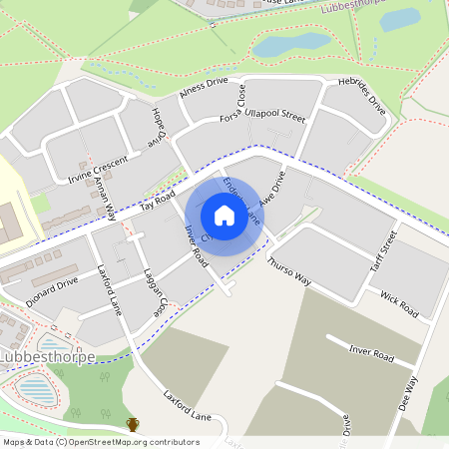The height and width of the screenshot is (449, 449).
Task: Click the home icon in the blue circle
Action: [x=224, y=215]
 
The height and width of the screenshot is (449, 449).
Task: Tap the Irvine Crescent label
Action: [x=98, y=171]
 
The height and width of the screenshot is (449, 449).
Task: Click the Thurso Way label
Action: [x=289, y=271]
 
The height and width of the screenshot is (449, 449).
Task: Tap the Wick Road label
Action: [x=399, y=298]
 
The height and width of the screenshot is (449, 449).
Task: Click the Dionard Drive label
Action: [x=53, y=285]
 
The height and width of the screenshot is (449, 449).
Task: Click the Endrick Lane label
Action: [x=242, y=199]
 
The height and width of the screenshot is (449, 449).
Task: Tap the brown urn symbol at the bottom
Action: [x=133, y=425]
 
